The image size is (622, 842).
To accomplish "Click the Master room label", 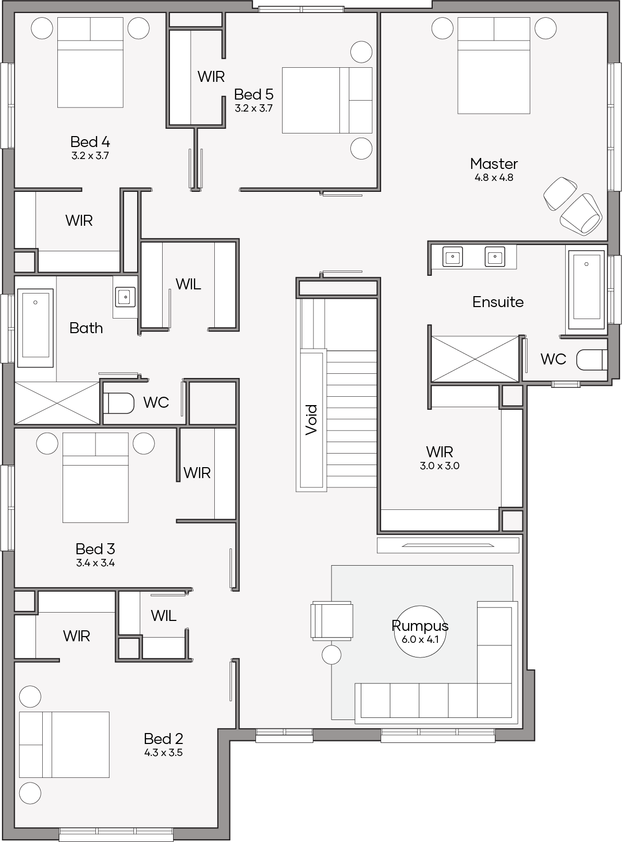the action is tap(494, 164).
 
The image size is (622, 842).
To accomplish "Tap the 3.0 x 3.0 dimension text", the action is tap(440, 466).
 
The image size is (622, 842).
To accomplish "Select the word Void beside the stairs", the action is tap(311, 420).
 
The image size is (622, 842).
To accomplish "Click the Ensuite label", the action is tap(498, 302).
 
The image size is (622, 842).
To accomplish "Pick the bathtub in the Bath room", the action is tap(35, 328).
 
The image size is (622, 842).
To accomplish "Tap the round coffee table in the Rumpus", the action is tap(420, 631).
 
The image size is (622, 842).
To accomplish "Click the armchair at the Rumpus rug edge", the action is tap(332, 620).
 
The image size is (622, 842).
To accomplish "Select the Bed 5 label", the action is tap(253, 94).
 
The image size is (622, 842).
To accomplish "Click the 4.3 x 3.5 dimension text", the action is tap(163, 752).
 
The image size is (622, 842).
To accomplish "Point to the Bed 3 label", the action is tap(95, 549).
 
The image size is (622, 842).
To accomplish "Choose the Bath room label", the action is tap(86, 328).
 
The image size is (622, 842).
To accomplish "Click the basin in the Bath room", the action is tap(125, 297).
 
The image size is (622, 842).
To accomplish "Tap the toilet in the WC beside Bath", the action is tap(118, 403).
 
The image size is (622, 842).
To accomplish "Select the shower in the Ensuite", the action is tap(475, 359).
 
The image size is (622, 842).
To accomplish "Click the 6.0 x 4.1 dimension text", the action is tap(420, 639).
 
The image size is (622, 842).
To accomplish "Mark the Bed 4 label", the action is tap(90, 142).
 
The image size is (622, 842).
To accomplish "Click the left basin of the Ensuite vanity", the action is tap(453, 257).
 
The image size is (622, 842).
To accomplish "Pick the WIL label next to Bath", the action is tap(188, 284).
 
